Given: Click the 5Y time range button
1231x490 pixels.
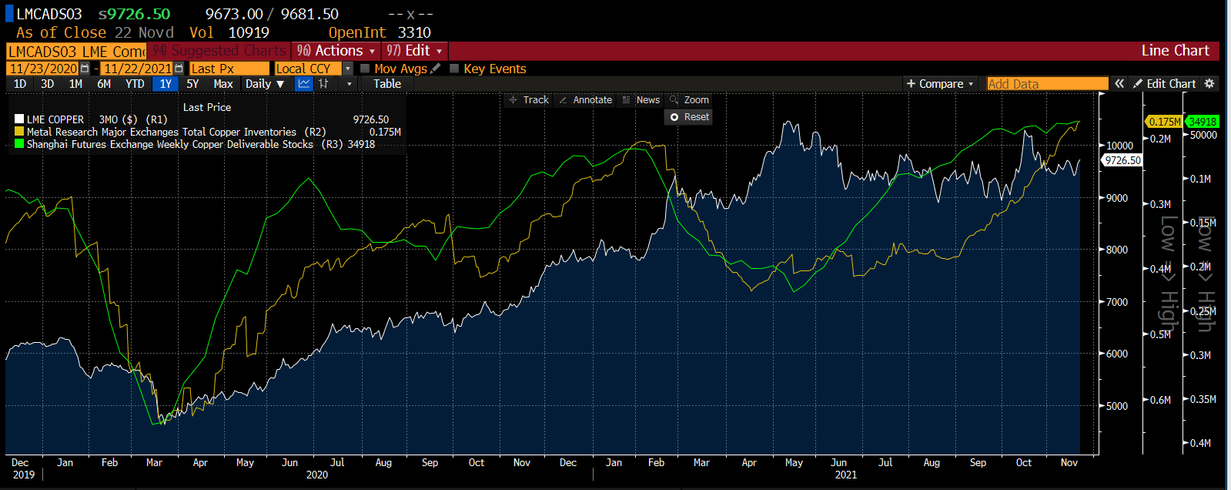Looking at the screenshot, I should coord(192,84).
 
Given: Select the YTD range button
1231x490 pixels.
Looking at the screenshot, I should coord(135,84).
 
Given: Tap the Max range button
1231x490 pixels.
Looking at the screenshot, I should coord(223,84).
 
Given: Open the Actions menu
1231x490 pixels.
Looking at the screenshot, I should coord(336,51).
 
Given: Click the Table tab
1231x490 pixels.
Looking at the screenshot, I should coord(387,84).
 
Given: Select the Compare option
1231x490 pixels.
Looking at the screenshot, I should coord(940,84).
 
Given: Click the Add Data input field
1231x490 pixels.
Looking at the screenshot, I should coord(1047,84).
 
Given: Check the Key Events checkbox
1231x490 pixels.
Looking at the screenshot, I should coord(454,69).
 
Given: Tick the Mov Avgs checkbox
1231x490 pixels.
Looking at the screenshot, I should coord(365,69).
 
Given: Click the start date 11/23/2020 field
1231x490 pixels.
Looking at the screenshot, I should coord(44,69).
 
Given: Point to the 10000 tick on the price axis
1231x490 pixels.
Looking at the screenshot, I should coord(1119,146).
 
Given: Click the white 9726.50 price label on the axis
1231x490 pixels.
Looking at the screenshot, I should coord(1122,160).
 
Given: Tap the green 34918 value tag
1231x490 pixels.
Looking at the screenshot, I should coord(1203,122).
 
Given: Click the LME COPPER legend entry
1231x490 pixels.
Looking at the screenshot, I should coord(55,119).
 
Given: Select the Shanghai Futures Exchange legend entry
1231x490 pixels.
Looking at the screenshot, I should coord(169,144).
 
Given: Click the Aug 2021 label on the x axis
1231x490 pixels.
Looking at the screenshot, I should coord(932,463).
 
